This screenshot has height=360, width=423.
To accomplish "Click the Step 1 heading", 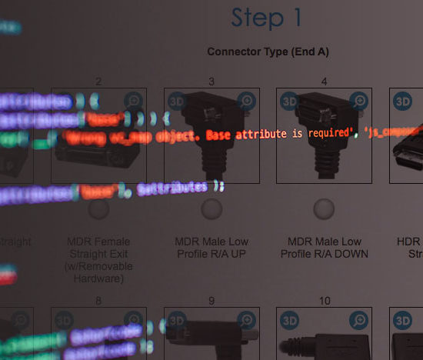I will click(x=267, y=18).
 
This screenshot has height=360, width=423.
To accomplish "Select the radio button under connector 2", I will click(x=98, y=209).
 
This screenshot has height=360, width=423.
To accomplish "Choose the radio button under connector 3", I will click(x=211, y=209).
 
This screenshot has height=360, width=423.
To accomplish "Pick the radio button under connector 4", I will click(x=324, y=209).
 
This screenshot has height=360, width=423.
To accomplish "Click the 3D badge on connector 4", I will click(x=290, y=101).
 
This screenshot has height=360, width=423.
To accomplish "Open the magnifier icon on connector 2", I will click(x=133, y=101).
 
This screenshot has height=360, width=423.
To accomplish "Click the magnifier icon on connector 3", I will click(x=246, y=101).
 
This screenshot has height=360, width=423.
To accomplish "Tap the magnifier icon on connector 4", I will click(x=358, y=101).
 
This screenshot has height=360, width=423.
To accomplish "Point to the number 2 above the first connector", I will click(x=98, y=82).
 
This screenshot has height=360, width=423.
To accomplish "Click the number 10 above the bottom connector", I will click(x=324, y=301).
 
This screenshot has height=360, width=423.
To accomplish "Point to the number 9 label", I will click(x=211, y=301).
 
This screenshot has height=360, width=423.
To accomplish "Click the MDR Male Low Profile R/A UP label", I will click(x=211, y=248).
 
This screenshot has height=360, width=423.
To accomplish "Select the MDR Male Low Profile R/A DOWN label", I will click(x=324, y=248).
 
